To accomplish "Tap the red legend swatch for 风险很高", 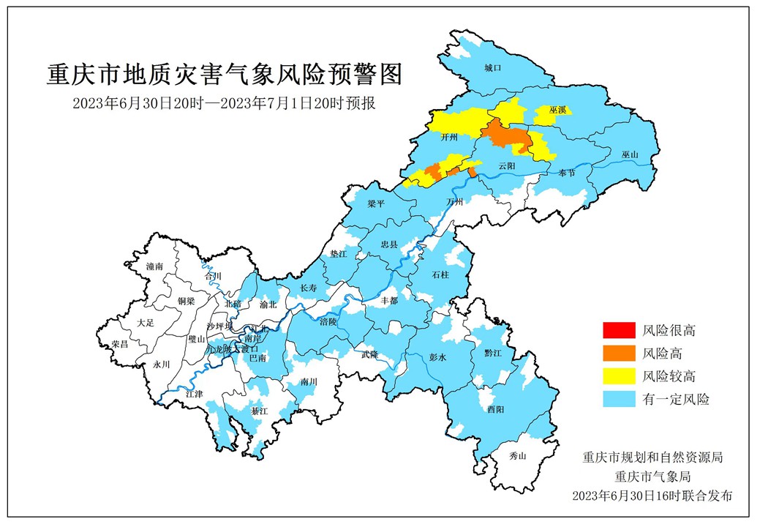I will click(619, 330).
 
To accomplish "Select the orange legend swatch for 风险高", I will click(619, 353).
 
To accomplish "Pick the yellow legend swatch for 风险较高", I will click(619, 376).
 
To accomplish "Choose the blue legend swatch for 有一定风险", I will click(619, 399).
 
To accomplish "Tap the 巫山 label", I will click(630, 155).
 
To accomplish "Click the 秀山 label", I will click(518, 456).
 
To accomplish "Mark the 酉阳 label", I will click(495, 410).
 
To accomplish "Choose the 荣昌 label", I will click(120, 344).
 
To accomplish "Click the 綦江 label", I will click(260, 412).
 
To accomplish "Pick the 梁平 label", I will click(376, 205).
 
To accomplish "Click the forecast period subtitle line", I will click(224, 103).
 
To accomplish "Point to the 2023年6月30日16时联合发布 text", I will click(652, 496).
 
